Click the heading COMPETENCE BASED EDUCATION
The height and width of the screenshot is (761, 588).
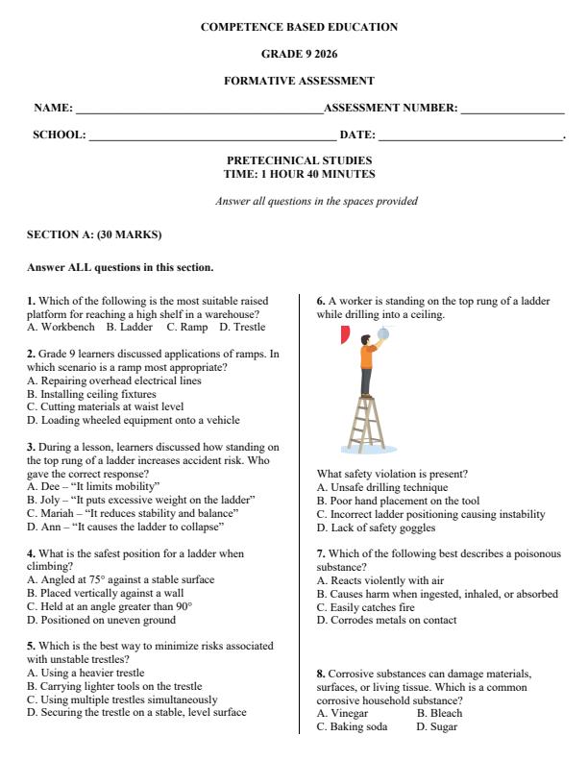coord(299,27)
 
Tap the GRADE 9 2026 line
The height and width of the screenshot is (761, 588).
coord(299,54)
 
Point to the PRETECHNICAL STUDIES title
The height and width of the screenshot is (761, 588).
coord(299,160)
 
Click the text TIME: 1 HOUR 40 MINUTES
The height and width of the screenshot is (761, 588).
coord(299,174)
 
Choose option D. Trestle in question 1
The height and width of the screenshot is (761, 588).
coord(242,327)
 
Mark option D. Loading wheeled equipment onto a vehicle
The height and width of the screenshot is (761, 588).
coord(134,420)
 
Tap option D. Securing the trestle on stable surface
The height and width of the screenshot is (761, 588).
coord(136,712)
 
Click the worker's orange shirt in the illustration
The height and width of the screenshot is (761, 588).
coord(367,357)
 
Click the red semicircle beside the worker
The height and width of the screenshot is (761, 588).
coord(344,335)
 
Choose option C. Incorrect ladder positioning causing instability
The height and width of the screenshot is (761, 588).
coord(430,514)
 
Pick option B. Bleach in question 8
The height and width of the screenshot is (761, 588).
coord(439,713)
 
